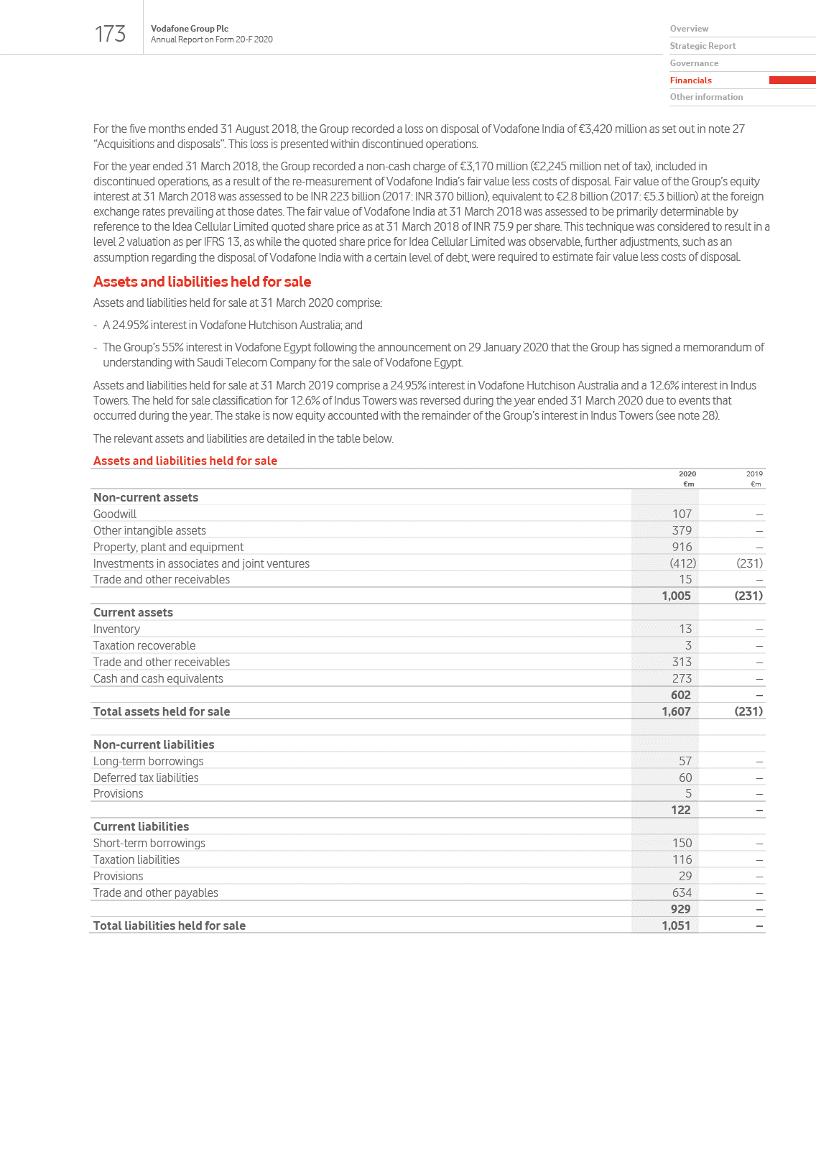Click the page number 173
[x=110, y=34]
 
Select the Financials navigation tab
[x=690, y=80]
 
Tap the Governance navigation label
[x=694, y=63]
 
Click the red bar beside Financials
[x=792, y=80]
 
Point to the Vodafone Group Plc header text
[x=190, y=29]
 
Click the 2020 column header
[x=687, y=474]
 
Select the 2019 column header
[x=754, y=474]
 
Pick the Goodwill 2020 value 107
[x=682, y=514]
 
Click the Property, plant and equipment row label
[x=168, y=548]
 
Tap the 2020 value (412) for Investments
[x=682, y=564]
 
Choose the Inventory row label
[x=116, y=629]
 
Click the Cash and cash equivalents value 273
[x=682, y=679]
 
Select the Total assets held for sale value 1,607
[x=676, y=712]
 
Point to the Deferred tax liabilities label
[x=146, y=778]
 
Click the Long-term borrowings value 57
[x=685, y=762]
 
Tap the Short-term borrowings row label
[x=149, y=844]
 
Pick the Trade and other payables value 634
[x=682, y=893]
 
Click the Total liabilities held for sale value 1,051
[x=676, y=926]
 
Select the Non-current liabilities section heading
[x=154, y=745]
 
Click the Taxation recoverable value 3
[x=688, y=646]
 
